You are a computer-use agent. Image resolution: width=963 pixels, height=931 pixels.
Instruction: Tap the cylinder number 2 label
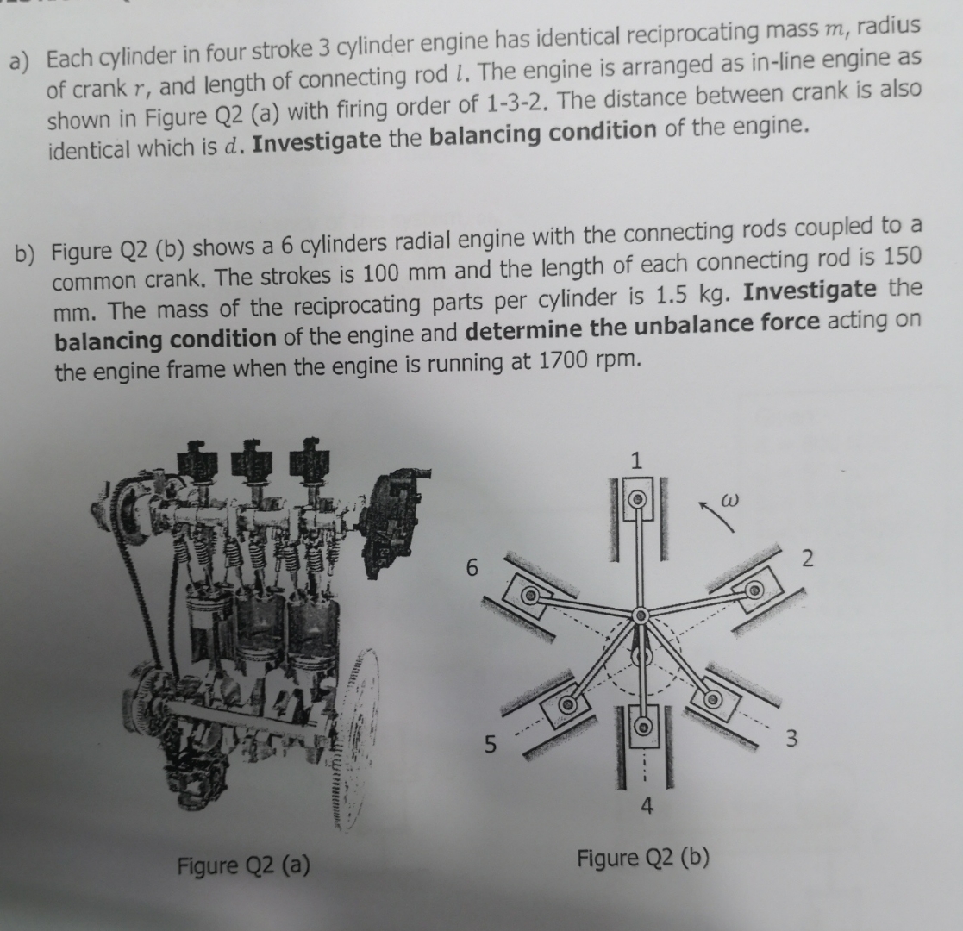point(807,559)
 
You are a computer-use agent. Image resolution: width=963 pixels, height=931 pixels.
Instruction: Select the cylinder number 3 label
point(793,738)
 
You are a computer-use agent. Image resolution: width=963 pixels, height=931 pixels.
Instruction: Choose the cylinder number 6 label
point(471,567)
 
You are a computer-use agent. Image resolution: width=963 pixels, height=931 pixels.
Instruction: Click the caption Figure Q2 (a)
point(243,864)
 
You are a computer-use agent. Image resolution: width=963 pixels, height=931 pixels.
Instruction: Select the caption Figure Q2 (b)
point(643,859)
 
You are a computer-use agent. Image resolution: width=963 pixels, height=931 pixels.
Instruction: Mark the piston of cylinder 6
point(528,595)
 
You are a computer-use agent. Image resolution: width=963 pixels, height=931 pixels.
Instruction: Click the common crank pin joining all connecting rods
point(640,615)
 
